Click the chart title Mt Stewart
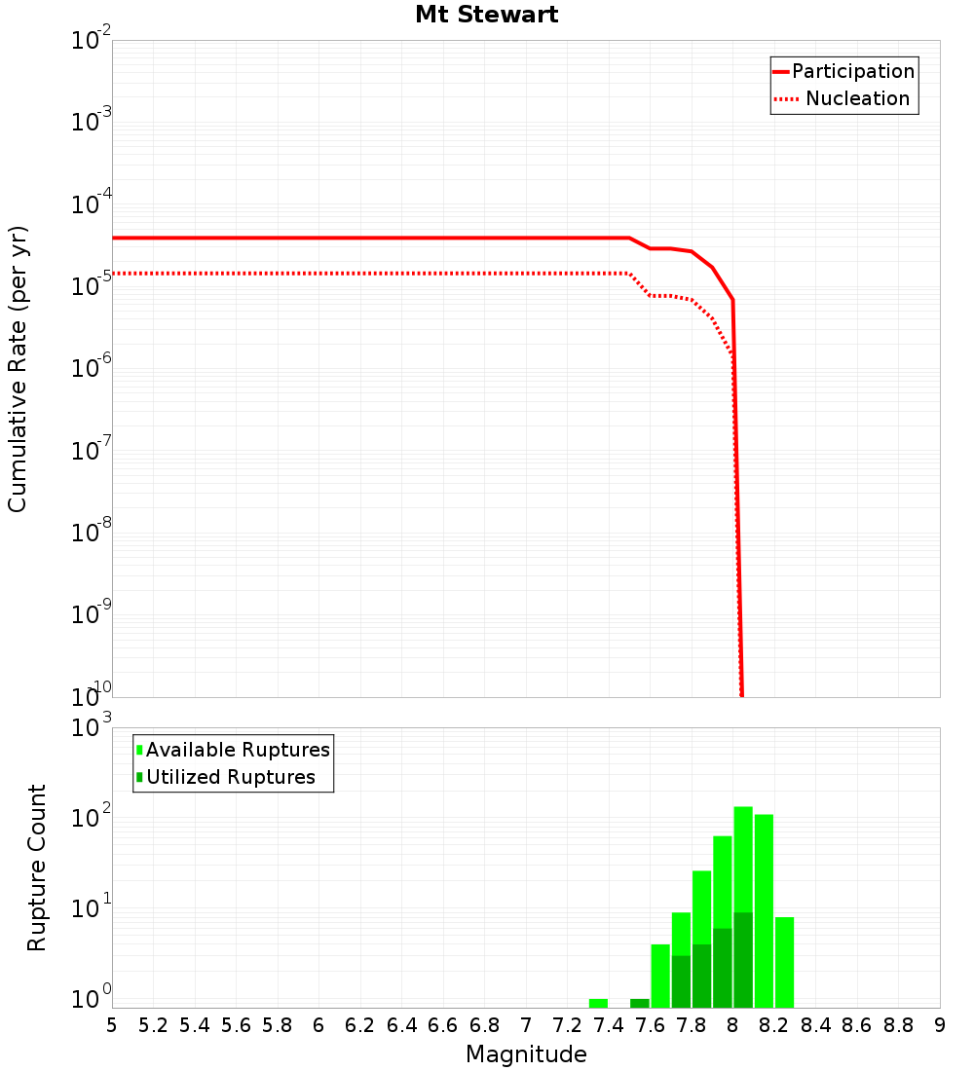pyautogui.click(x=486, y=15)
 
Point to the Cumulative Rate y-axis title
pyautogui.click(x=18, y=368)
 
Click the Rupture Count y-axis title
pyautogui.click(x=37, y=867)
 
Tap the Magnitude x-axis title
pyautogui.click(x=526, y=1054)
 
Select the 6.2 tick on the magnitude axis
pyautogui.click(x=359, y=1025)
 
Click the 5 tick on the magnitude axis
pyautogui.click(x=112, y=1025)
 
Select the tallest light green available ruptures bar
pyautogui.click(x=743, y=857)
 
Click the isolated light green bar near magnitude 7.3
pyautogui.click(x=598, y=1003)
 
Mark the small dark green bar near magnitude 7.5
pyautogui.click(x=640, y=1003)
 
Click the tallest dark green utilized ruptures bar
pyautogui.click(x=743, y=959)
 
